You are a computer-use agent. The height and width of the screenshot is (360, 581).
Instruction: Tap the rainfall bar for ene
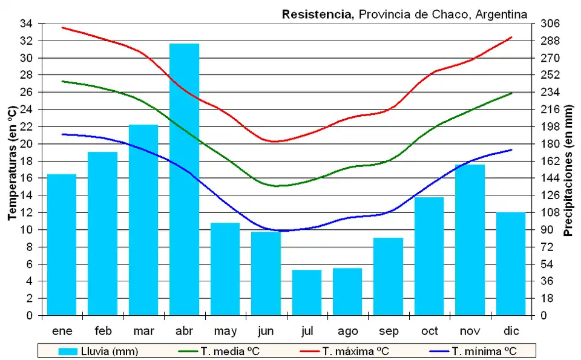(62, 244)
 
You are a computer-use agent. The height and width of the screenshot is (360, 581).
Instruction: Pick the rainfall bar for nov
(470, 240)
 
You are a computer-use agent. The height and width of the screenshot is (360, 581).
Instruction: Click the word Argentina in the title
(501, 14)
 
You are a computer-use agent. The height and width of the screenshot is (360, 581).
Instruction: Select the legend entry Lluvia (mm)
(99, 351)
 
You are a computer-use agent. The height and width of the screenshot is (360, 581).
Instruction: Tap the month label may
(225, 331)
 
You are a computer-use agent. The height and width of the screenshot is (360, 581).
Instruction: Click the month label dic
(511, 331)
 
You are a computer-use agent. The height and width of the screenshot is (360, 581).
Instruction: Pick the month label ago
(347, 331)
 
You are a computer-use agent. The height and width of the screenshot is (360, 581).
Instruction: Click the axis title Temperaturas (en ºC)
(11, 163)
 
